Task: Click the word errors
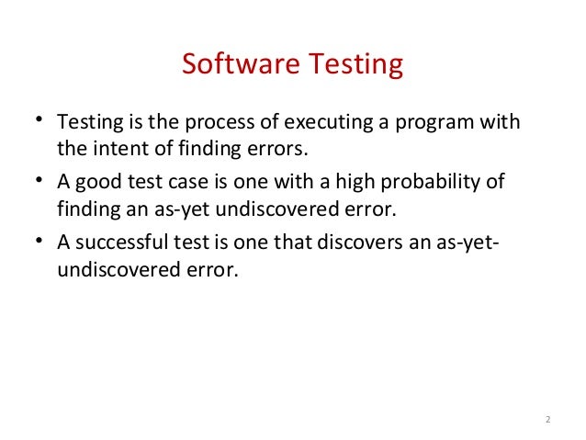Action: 265,150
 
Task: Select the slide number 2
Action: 547,421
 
